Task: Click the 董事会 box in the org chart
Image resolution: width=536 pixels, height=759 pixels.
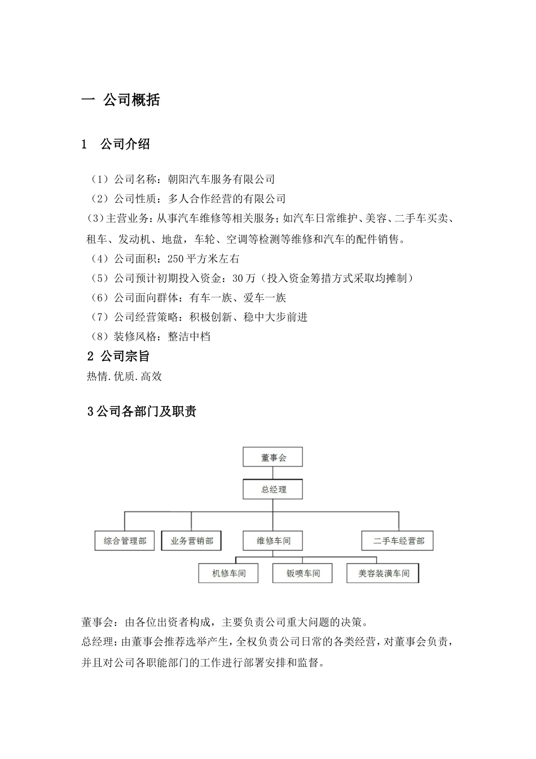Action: pos(273,457)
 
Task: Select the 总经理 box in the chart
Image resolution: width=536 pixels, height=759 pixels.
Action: pos(273,489)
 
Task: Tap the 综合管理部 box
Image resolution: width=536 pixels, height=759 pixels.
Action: pos(125,540)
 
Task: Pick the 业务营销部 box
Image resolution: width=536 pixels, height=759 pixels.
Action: pos(191,540)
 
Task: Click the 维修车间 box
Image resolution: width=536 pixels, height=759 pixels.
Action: pos(273,540)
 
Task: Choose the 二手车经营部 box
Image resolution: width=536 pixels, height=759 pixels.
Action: pos(398,540)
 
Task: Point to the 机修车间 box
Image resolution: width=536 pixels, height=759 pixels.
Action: pos(229,573)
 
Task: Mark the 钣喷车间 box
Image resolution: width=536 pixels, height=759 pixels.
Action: pos(303,573)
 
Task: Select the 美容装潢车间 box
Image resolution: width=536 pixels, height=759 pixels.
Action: pos(384,573)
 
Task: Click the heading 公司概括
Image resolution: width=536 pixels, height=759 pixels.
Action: pos(131,101)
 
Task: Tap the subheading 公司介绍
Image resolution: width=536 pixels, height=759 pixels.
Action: pos(125,145)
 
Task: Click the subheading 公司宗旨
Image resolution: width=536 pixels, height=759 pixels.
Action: pos(125,356)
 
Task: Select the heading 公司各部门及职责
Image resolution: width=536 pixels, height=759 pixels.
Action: pos(146,412)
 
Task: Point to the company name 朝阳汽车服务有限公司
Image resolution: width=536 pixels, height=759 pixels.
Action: pos(221,180)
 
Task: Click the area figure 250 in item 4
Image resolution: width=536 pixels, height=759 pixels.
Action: pos(177,259)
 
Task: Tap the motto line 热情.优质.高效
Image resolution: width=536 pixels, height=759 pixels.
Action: pos(124,376)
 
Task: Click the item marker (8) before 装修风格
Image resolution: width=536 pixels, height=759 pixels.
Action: pos(99,337)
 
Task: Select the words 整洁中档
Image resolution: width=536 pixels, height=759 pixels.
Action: pos(189,337)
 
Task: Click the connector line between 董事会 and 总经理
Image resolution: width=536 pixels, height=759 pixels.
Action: pos(273,473)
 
